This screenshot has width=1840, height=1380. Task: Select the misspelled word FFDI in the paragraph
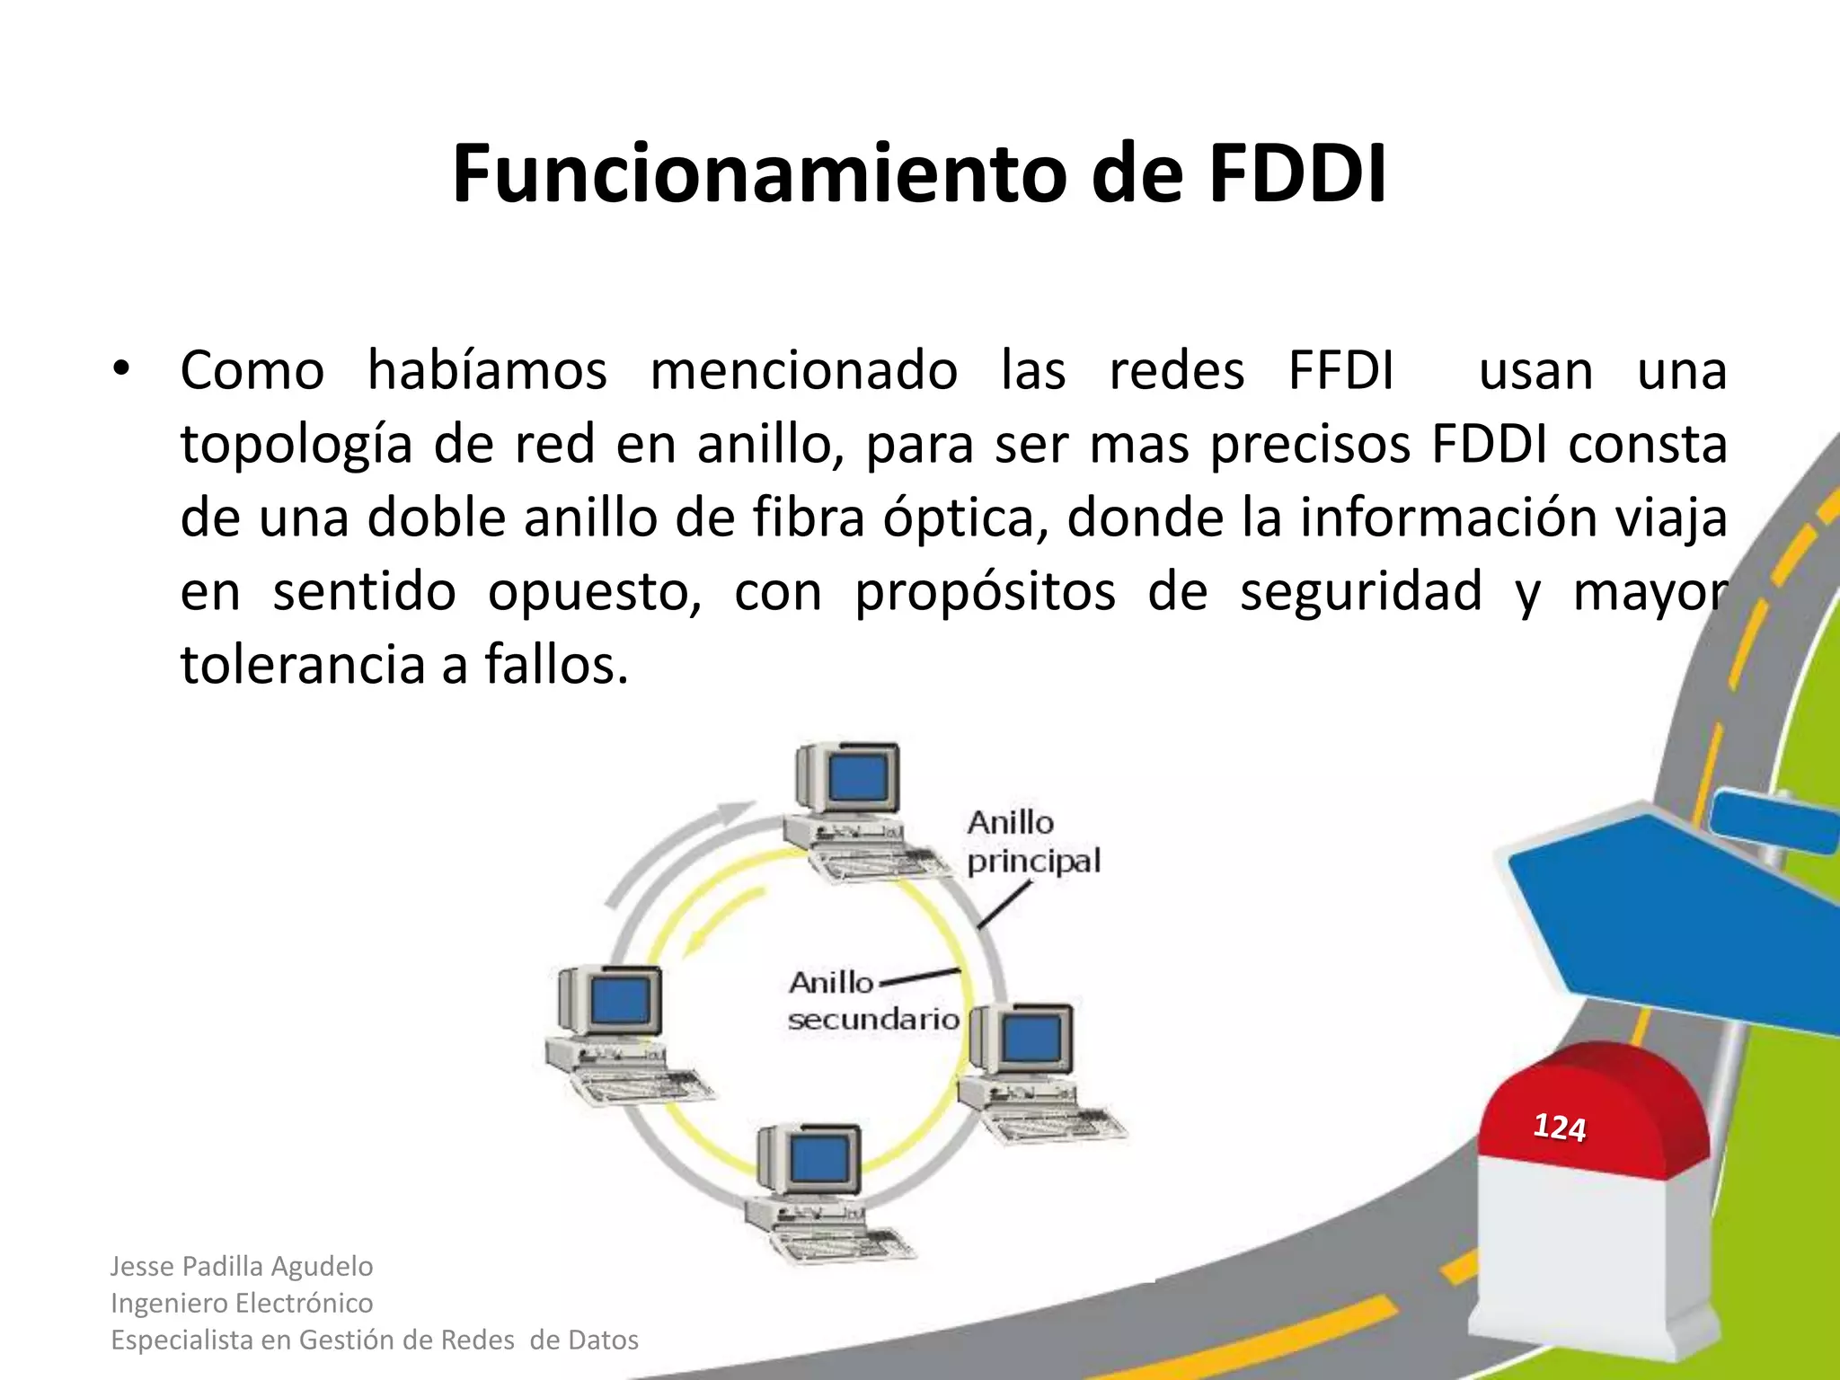coord(1340,370)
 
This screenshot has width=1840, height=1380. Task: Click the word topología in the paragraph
coord(296,445)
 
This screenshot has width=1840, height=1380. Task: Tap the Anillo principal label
coord(1032,842)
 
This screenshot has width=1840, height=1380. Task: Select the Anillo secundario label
coord(871,1001)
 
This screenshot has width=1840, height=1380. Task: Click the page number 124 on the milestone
coord(1559,1127)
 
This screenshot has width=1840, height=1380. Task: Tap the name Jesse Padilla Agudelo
coord(242,1266)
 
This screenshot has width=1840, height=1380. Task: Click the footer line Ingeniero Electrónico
coord(242,1303)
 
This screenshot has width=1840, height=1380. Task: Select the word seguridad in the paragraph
coord(1360,592)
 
